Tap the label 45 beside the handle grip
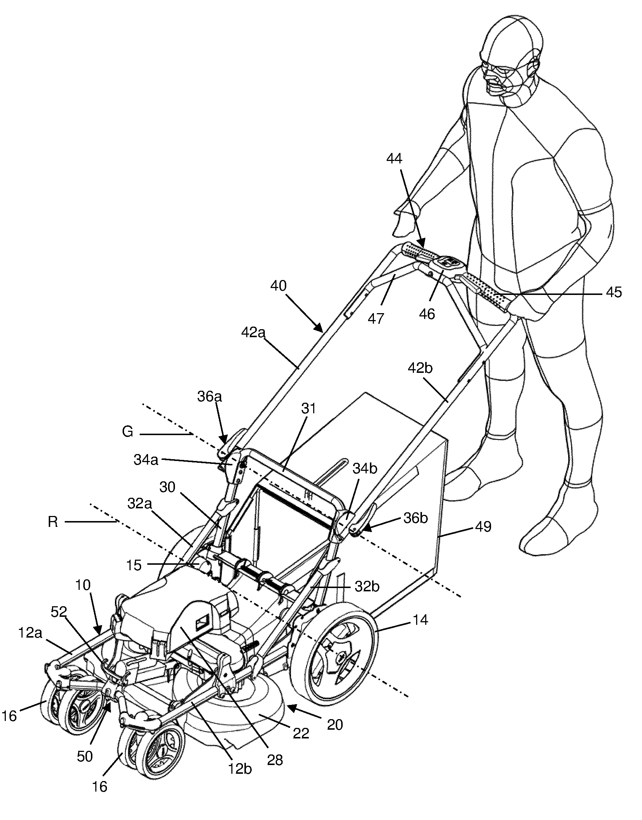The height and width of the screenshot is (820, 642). click(x=614, y=292)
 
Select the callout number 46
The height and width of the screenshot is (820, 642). click(x=427, y=314)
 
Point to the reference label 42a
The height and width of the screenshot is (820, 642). click(x=253, y=333)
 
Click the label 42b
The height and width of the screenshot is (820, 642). click(x=420, y=368)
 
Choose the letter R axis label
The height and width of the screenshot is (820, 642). click(x=53, y=522)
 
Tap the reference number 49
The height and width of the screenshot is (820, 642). click(x=483, y=526)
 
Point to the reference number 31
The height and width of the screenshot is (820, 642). click(x=309, y=408)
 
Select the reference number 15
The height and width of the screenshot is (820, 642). click(x=134, y=565)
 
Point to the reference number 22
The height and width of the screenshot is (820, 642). click(x=301, y=733)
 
